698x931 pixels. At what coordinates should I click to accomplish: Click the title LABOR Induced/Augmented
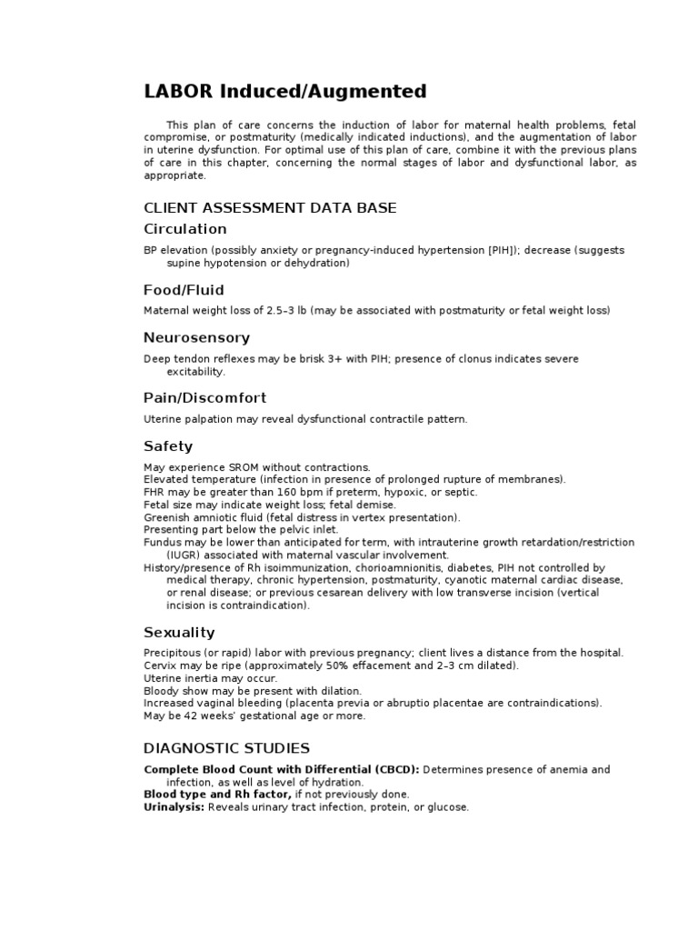click(x=284, y=91)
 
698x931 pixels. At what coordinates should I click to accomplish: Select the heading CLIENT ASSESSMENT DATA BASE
click(x=270, y=208)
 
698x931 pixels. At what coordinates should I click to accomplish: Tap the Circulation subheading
click(x=185, y=229)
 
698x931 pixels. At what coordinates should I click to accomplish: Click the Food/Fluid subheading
click(x=184, y=290)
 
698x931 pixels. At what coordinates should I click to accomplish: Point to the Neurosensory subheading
click(x=196, y=338)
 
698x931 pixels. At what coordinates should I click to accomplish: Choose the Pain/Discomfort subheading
click(x=204, y=398)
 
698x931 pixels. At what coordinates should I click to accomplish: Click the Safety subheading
click(x=168, y=446)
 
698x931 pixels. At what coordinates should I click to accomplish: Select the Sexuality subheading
click(x=179, y=632)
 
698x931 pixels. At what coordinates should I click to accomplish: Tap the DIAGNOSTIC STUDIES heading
click(x=226, y=748)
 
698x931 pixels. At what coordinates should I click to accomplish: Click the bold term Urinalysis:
click(x=174, y=807)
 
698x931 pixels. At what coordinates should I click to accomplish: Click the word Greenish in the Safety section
click(x=165, y=517)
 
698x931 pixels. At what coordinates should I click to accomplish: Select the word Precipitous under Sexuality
click(x=173, y=653)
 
